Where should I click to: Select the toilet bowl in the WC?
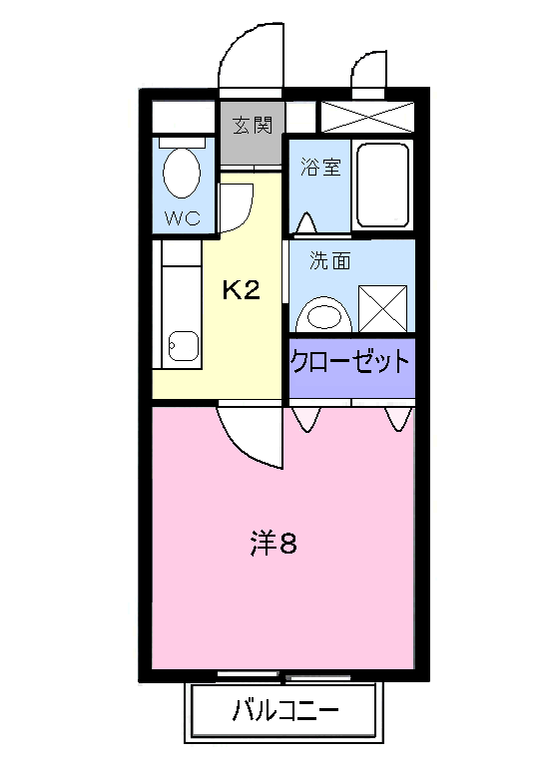180,172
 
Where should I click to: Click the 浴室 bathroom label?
320,167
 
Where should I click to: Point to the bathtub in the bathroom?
381,185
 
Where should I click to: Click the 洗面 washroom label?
330,262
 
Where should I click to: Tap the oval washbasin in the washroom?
324,315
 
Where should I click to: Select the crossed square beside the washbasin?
383,307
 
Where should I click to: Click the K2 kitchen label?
241,290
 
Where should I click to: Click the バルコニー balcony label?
284,712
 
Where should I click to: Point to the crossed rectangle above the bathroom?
366,114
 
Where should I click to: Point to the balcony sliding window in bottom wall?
284,676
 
